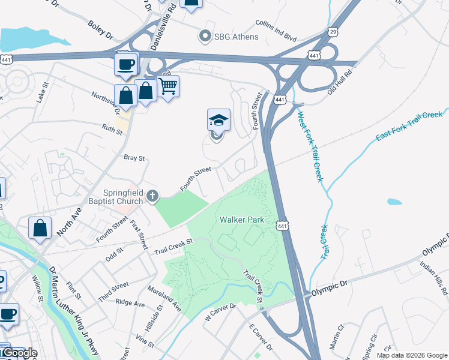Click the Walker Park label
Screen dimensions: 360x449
[x=242, y=220]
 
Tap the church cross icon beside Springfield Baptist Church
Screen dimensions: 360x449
[x=153, y=196]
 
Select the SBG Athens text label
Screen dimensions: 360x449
[x=237, y=37]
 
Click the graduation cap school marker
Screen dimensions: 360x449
[x=218, y=120]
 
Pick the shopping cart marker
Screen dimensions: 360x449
[x=168, y=86]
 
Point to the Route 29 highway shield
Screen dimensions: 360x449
[x=333, y=30]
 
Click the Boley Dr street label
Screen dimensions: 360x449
[x=100, y=32]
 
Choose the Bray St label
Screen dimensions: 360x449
[x=134, y=158]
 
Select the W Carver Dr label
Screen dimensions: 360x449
[x=220, y=312]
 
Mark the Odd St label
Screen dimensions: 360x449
[x=113, y=255]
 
